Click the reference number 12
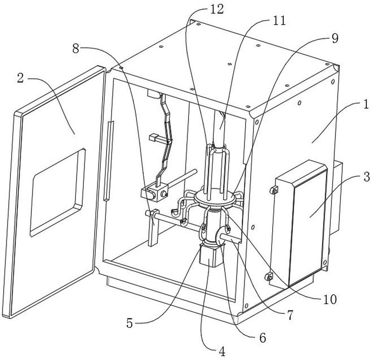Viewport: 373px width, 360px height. (217, 10)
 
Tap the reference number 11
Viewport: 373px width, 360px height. (279, 21)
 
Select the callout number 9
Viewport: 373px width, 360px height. (335, 39)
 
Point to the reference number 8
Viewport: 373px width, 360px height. (76, 49)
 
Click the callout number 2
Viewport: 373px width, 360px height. (21, 78)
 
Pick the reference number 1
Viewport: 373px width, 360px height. (366, 104)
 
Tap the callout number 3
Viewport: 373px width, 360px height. (366, 177)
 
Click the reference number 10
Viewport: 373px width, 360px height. (330, 299)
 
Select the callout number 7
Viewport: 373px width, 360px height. (290, 315)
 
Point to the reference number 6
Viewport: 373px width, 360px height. (263, 338)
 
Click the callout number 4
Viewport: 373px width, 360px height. (222, 352)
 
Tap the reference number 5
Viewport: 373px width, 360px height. (130, 323)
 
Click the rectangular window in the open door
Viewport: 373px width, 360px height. (58, 193)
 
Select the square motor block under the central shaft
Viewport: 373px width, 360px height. (211, 256)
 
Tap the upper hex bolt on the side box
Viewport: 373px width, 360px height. (274, 190)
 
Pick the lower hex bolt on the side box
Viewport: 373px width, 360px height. (268, 277)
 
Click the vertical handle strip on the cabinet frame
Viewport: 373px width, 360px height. (108, 161)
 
